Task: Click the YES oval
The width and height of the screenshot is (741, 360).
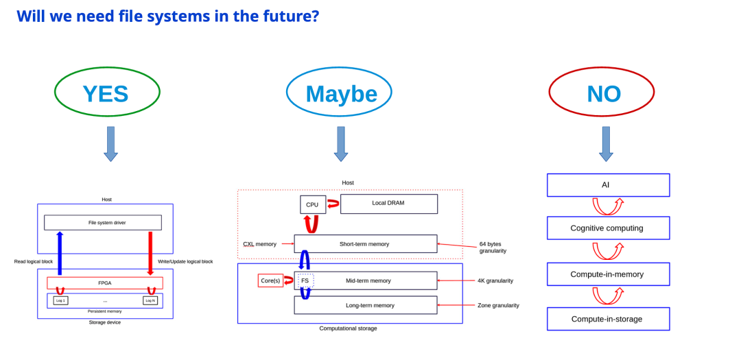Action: [107, 92]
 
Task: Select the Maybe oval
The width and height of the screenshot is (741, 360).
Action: [339, 92]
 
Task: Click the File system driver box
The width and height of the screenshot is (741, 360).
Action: [103, 222]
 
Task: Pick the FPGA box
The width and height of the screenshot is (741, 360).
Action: [105, 283]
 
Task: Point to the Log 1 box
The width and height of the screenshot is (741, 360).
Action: [61, 300]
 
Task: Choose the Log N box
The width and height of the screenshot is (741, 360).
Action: [150, 300]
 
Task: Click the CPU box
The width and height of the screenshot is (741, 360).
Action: [313, 204]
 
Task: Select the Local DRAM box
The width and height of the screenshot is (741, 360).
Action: [389, 204]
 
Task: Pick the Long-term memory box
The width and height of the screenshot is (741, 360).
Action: [366, 305]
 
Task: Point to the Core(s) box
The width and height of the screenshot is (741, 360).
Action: [270, 280]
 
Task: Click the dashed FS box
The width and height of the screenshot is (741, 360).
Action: [305, 280]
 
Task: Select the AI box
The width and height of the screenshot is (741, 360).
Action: [608, 185]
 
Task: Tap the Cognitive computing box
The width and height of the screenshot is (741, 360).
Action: [608, 228]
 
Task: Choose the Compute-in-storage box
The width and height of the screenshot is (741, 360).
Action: [608, 319]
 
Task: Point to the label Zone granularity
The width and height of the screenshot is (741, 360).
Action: [498, 305]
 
